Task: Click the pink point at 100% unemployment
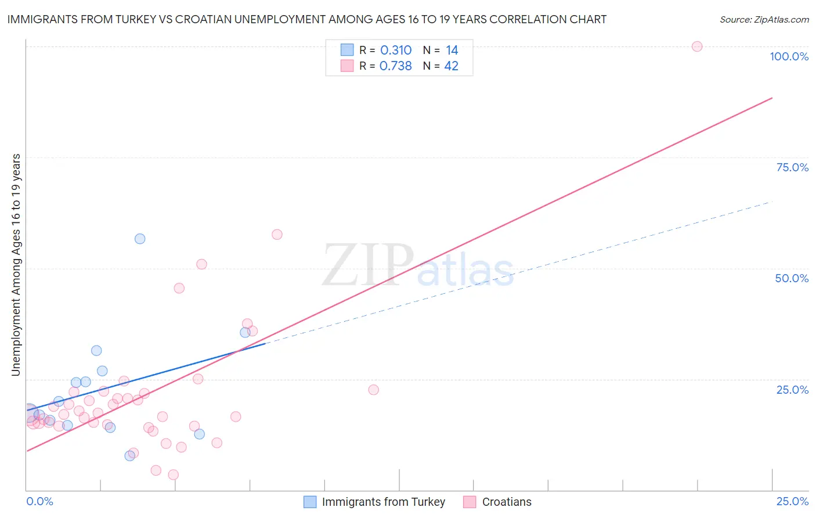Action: (697, 46)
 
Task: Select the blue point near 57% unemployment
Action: (140, 239)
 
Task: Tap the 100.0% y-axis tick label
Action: (789, 56)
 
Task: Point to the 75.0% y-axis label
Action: (792, 167)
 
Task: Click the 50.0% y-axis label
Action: (792, 278)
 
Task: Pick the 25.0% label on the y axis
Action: (792, 390)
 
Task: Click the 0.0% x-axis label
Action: (39, 501)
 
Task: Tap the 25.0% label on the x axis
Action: (792, 501)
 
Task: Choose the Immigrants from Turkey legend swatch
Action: (310, 502)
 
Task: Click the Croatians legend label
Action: (507, 502)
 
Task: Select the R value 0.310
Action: (396, 51)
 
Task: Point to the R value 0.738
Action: (395, 66)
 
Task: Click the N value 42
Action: (451, 66)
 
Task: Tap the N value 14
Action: (452, 51)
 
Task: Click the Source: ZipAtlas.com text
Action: (764, 20)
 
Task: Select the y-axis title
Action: (16, 265)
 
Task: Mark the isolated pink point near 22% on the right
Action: (373, 390)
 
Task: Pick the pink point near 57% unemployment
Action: (277, 235)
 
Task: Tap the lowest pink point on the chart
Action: (173, 475)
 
